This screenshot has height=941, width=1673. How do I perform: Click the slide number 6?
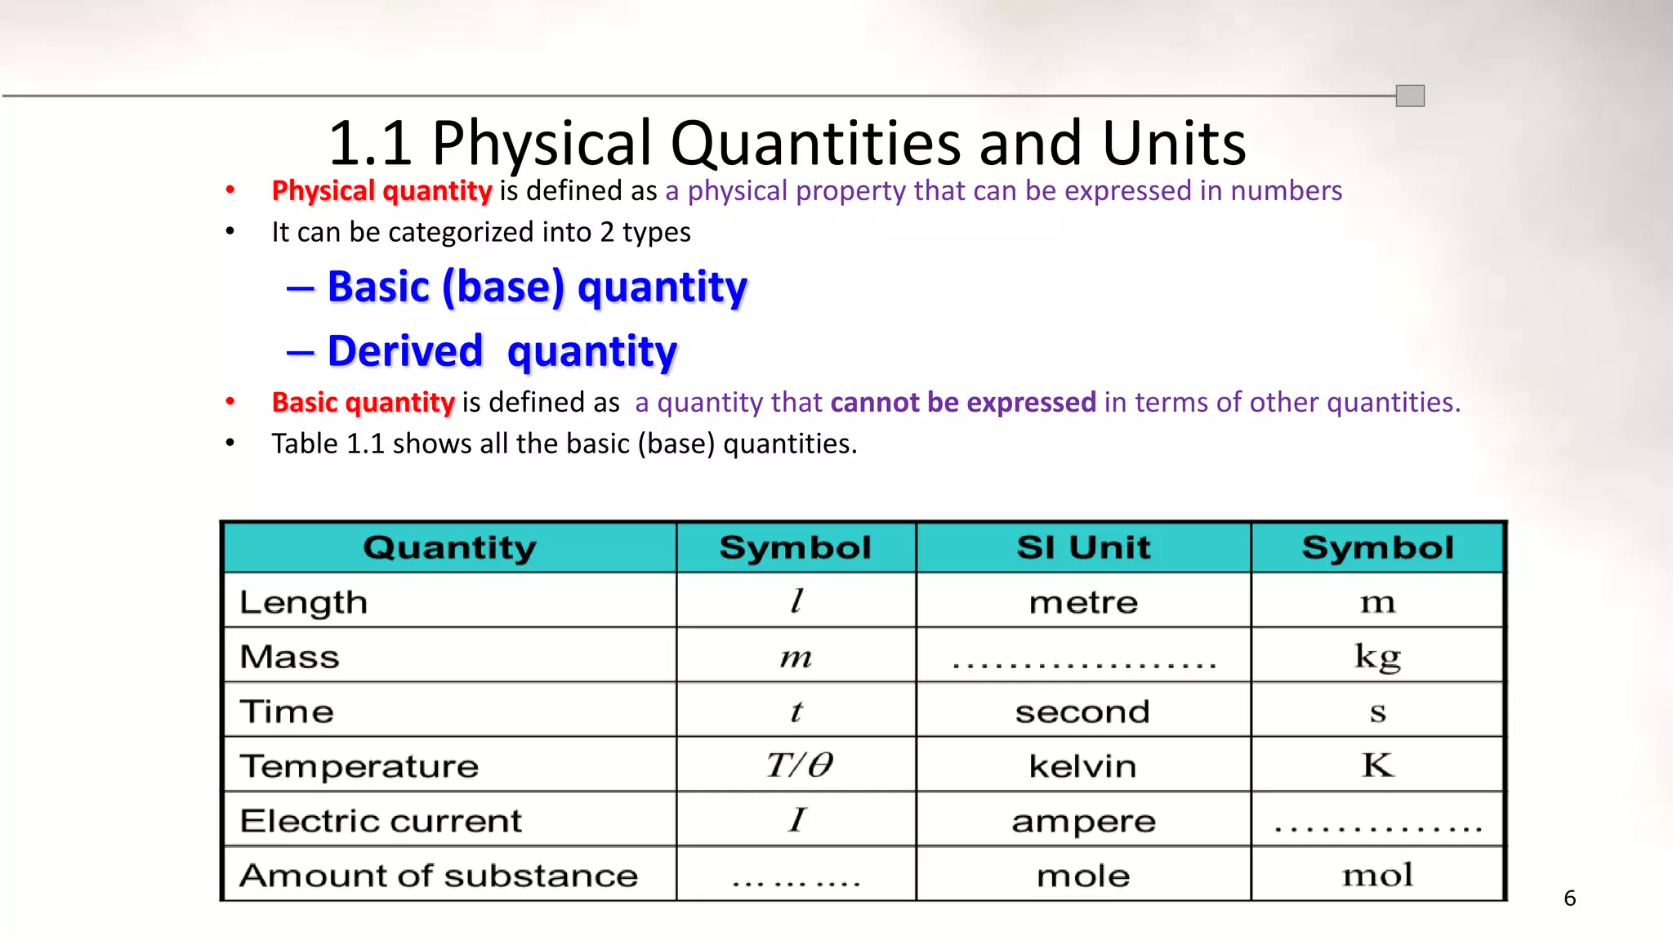point(1569,899)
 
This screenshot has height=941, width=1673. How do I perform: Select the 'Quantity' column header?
point(449,547)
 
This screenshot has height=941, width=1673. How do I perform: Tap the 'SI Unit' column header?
point(1083,547)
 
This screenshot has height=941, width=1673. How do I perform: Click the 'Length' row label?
point(303,603)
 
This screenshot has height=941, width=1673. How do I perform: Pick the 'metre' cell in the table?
point(1083,603)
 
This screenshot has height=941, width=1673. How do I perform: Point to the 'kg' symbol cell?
point(1377,657)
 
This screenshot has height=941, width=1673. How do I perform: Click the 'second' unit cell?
point(1082,712)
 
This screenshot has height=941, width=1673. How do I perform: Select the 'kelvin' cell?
point(1082,766)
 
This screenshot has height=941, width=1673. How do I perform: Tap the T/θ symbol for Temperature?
point(799,765)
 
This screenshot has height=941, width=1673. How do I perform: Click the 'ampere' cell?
point(1083,822)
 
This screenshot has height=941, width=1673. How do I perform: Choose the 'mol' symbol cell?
point(1377,876)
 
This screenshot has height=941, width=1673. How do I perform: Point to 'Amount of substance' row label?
point(439,876)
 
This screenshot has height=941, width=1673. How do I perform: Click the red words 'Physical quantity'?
point(381,191)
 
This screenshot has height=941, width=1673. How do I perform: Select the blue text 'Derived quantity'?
point(502,351)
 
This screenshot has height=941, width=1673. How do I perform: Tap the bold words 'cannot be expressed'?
point(963,403)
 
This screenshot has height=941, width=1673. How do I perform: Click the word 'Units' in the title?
point(1174,144)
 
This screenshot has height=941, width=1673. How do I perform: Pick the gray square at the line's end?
point(1410,96)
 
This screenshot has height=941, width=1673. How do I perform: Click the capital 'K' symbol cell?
point(1377,765)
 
